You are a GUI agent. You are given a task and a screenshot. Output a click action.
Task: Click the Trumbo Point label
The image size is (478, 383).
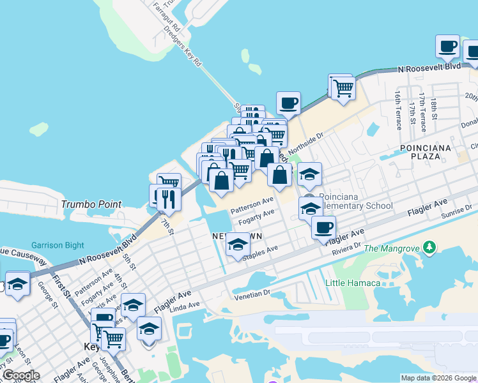coord(91,204)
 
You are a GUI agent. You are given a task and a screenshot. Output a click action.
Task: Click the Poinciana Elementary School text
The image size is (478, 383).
coord(355,201)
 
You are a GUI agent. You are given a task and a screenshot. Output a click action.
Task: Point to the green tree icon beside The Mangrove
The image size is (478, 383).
coord(429,247)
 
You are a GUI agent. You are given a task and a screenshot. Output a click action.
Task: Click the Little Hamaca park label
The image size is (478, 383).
coord(353,283)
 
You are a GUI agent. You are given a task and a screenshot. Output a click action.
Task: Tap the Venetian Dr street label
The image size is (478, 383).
coord(252,294)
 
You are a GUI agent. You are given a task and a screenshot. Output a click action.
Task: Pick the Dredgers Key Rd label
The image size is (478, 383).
coord(182,47)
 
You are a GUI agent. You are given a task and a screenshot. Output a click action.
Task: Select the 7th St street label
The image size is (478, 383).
coord(167,225)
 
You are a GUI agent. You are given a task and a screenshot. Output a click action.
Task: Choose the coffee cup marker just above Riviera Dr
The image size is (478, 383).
coord(323,227)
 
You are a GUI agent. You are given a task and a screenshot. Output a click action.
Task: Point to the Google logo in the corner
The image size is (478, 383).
coord(20,375)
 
